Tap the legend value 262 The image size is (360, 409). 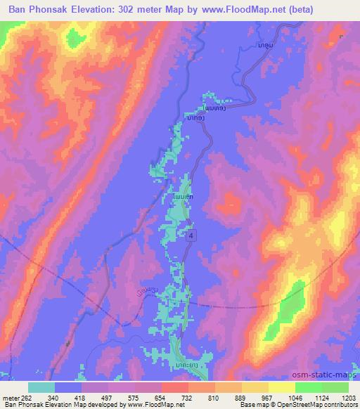(x=27, y=396)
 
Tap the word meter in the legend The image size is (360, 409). (x=11, y=396)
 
